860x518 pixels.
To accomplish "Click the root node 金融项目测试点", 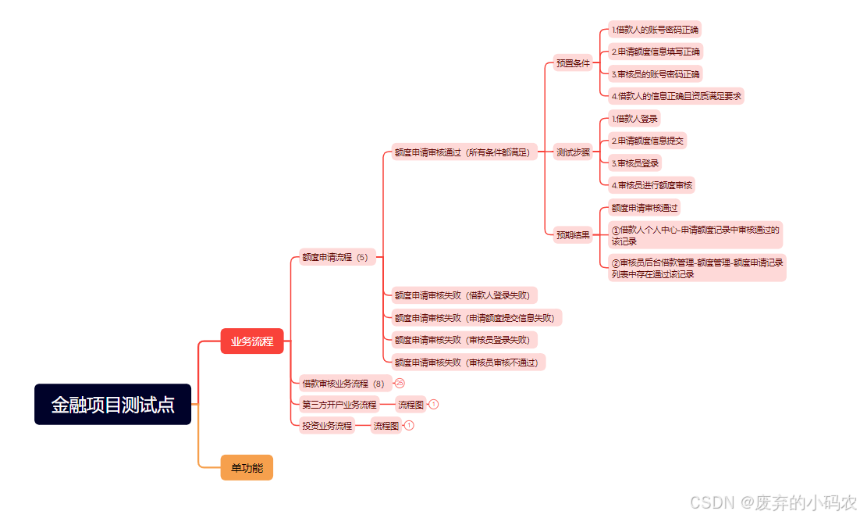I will [x=112, y=404].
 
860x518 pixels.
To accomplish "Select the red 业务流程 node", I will [x=251, y=341].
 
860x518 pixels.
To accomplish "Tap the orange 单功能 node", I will [x=247, y=467].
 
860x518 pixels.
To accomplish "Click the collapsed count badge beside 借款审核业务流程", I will [x=400, y=383].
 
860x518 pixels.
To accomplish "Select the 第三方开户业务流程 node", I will [x=339, y=405].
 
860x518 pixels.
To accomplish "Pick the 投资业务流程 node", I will [x=328, y=426].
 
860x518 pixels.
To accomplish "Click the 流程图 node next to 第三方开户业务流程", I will [x=410, y=405].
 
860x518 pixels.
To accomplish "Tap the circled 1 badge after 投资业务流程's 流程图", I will [x=409, y=426].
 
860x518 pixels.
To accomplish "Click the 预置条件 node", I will [x=573, y=63].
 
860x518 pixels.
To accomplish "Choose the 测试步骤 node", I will [x=573, y=152].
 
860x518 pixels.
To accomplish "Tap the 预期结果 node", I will [x=573, y=234].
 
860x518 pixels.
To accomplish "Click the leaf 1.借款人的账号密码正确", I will [x=656, y=30].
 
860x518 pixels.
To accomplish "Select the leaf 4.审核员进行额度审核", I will [x=652, y=185].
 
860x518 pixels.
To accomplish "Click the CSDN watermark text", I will [x=773, y=502].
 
